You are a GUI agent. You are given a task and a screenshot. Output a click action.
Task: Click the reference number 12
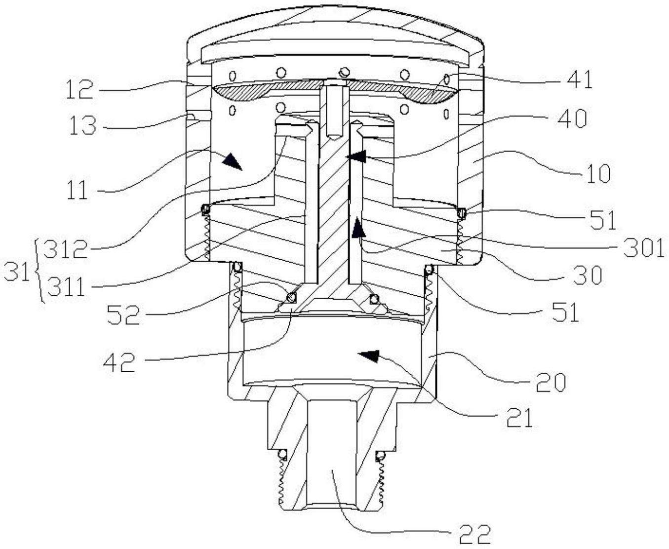(x=79, y=89)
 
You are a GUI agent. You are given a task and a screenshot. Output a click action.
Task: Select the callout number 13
(x=82, y=125)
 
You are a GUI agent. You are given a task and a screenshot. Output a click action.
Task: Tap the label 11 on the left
(x=78, y=189)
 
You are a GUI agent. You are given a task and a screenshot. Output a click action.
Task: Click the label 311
(x=66, y=286)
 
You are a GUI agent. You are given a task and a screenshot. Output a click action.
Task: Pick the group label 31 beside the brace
(x=16, y=271)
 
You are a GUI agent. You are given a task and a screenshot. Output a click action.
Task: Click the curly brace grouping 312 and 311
(x=39, y=271)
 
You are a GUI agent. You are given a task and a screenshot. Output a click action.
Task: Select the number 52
(x=123, y=314)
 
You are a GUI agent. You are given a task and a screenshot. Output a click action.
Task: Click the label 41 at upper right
(x=579, y=79)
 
